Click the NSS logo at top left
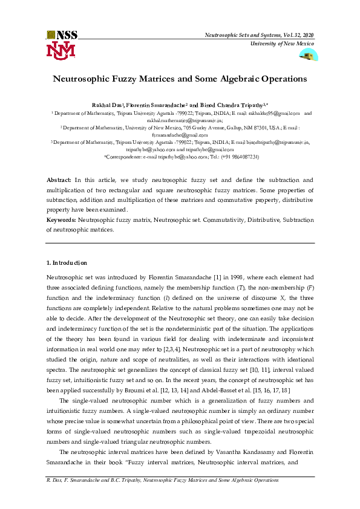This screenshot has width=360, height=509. (x=59, y=35)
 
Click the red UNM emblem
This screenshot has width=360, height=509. (x=60, y=50)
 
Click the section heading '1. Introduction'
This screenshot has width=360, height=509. (x=67, y=263)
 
